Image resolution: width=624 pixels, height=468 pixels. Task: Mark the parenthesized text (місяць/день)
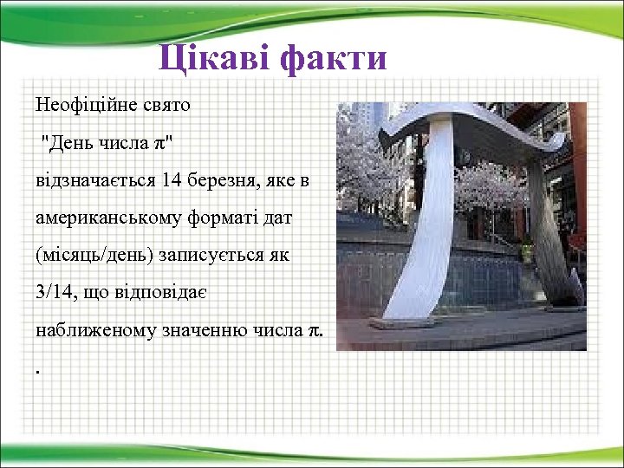pos(95,257)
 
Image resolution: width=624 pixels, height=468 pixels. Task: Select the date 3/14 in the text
pos(55,294)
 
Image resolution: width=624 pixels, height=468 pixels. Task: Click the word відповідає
pos(158,294)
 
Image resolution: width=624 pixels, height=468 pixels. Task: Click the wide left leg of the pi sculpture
pos(429,234)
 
